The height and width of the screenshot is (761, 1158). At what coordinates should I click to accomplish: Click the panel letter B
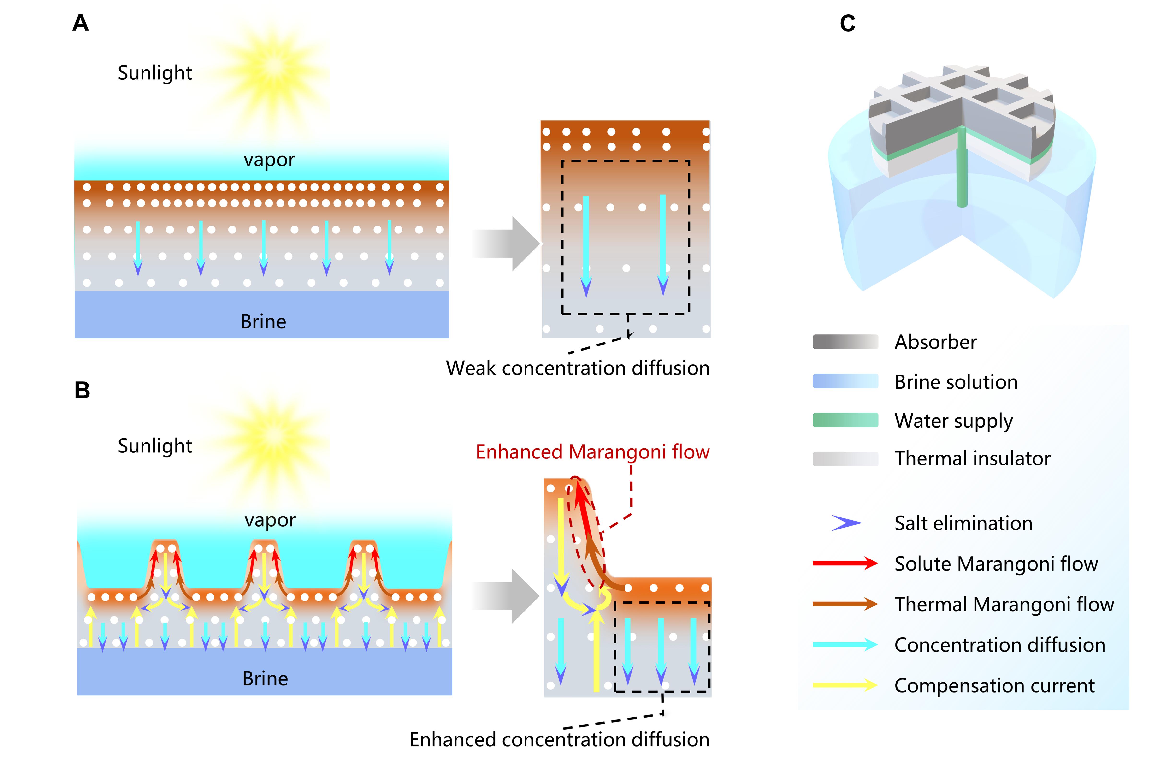[82, 390]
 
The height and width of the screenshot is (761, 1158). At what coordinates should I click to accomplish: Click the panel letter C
[848, 23]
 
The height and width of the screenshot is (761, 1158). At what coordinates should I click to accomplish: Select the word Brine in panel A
[263, 322]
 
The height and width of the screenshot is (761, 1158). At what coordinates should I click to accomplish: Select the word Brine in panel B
[265, 678]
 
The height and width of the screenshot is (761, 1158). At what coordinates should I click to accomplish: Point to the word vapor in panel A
[269, 160]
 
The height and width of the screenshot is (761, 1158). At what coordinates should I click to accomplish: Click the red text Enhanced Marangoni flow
[592, 452]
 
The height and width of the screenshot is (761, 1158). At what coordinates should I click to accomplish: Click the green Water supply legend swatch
[845, 420]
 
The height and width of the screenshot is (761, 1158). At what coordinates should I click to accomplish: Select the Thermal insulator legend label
[972, 458]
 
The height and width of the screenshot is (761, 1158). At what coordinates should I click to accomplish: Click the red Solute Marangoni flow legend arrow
[845, 564]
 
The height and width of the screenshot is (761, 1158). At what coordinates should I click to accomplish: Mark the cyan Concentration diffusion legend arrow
[845, 645]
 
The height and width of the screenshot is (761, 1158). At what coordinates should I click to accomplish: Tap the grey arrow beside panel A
[506, 244]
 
